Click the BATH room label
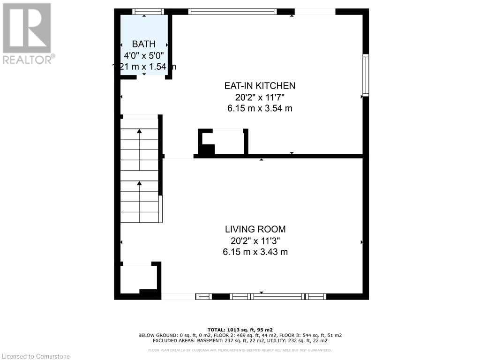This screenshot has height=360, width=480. (143, 44)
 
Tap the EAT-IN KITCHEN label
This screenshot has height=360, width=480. (259, 85)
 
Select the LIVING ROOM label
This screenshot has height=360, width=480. (255, 229)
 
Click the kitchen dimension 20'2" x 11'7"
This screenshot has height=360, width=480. (259, 97)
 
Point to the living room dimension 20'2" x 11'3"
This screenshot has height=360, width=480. (255, 240)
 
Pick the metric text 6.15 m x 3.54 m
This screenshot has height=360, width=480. (259, 108)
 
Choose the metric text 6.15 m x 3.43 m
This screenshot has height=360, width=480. (255, 252)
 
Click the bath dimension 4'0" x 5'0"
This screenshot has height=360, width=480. (143, 55)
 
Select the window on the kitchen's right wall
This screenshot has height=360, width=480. (366, 75)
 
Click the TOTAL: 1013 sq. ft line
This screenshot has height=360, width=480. (240, 330)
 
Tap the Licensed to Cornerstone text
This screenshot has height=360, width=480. (35, 356)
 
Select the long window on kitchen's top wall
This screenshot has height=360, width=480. (233, 12)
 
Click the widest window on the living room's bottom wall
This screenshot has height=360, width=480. (277, 296)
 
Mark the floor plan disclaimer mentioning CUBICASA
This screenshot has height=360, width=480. (240, 350)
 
